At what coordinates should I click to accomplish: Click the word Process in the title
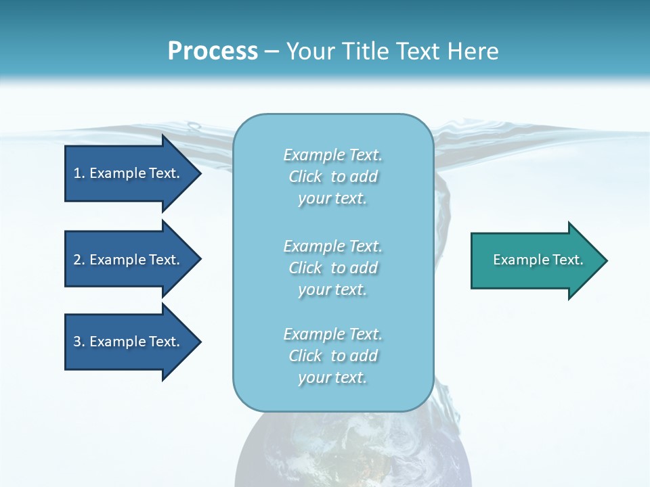pyautogui.click(x=213, y=51)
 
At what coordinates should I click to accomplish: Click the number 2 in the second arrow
pyautogui.click(x=77, y=260)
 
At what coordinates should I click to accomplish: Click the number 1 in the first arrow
pyautogui.click(x=77, y=173)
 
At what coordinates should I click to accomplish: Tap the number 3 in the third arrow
pyautogui.click(x=77, y=342)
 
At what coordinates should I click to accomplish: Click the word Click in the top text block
pyautogui.click(x=305, y=177)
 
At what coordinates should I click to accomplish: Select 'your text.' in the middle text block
pyautogui.click(x=332, y=289)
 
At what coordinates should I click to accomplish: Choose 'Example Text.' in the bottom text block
pyautogui.click(x=332, y=334)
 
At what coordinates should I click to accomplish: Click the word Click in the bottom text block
pyautogui.click(x=305, y=356)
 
